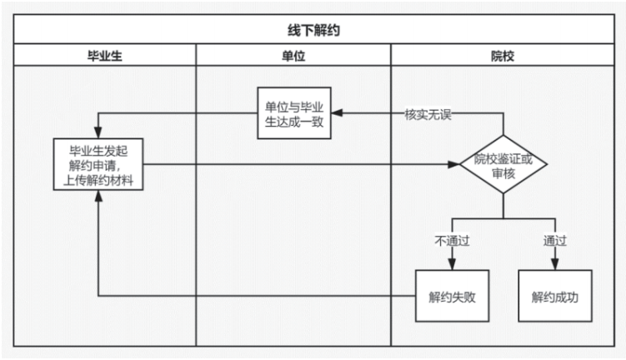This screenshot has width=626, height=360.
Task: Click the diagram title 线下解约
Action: coord(313,29)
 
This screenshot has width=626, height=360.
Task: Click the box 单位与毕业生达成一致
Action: coord(293,114)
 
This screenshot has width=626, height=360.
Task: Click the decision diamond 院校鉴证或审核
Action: coord(503,164)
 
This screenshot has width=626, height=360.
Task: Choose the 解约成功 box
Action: coord(554,296)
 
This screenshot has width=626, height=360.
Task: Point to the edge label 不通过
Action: coord(452,242)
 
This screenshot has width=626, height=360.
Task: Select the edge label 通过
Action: coord(555,242)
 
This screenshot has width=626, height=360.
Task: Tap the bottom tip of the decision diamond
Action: coord(503,194)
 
